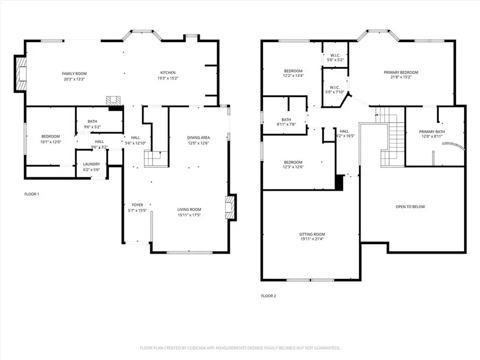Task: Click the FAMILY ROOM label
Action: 74,73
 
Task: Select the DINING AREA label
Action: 198,137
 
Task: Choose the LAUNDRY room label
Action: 92,164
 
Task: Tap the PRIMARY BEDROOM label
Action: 401,72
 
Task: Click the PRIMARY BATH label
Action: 431,131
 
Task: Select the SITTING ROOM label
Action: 312,234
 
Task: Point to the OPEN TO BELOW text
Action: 410,206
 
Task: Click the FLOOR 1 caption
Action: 31,194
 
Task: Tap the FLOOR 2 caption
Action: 268,295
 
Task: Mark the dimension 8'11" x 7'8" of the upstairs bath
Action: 286,124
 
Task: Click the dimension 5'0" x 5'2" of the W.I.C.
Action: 335,60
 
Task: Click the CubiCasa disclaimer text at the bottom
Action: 240,348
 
